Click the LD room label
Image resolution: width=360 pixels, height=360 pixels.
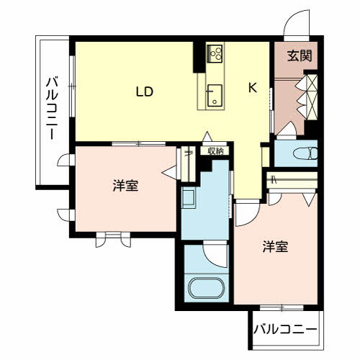tap(145, 91)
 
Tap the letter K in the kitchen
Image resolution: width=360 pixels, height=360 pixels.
tap(253, 87)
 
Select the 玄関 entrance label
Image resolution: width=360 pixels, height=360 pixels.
tap(300, 55)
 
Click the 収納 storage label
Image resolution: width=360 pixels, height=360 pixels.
tap(215, 151)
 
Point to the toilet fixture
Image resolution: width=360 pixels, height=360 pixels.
tap(305, 153)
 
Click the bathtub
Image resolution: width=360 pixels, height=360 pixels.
tap(207, 288)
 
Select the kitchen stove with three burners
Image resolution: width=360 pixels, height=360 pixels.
tap(215, 54)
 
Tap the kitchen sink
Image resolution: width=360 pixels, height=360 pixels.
tap(215, 95)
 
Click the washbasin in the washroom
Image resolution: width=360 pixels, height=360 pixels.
tap(189, 198)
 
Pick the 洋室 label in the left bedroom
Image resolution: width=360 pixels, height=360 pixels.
tap(125, 186)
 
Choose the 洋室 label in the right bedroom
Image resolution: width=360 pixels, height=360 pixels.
tap(275, 246)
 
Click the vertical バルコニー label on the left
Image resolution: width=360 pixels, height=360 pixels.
tap(52, 108)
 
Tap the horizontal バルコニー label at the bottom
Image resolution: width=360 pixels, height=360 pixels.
tap(285, 329)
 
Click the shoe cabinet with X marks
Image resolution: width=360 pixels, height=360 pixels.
tap(312, 96)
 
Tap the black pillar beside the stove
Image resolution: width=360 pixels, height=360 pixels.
tap(199, 57)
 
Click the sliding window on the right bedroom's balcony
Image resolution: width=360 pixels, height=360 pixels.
tap(282, 307)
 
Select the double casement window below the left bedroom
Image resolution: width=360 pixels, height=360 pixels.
tap(113, 239)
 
